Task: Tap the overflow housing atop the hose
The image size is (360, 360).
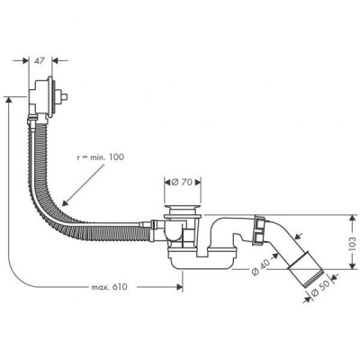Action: (x=41, y=96)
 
